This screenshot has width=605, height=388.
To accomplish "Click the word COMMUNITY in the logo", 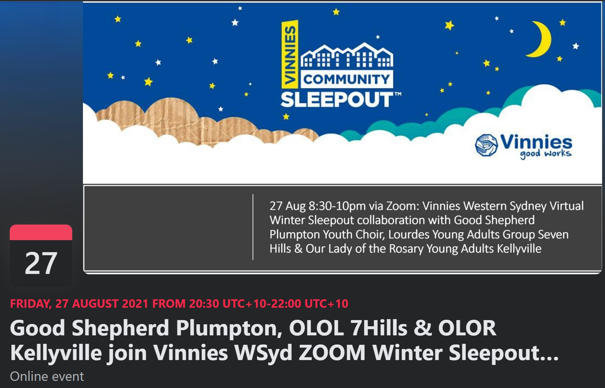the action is click(346, 79).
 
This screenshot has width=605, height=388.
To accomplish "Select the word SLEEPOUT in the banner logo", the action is click(337, 99).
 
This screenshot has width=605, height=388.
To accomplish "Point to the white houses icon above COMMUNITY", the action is click(347, 55).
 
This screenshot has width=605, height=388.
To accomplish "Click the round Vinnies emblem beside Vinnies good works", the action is click(486, 145).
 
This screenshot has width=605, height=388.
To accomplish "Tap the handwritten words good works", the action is click(545, 154).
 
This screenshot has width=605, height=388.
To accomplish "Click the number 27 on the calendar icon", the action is click(41, 263).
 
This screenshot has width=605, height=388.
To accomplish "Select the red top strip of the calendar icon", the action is click(41, 232).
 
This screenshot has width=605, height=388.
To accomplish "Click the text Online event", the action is click(47, 376).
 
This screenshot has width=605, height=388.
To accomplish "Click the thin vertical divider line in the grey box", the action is click(253, 227).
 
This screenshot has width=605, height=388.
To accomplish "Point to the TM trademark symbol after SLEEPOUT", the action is click(398, 94).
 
